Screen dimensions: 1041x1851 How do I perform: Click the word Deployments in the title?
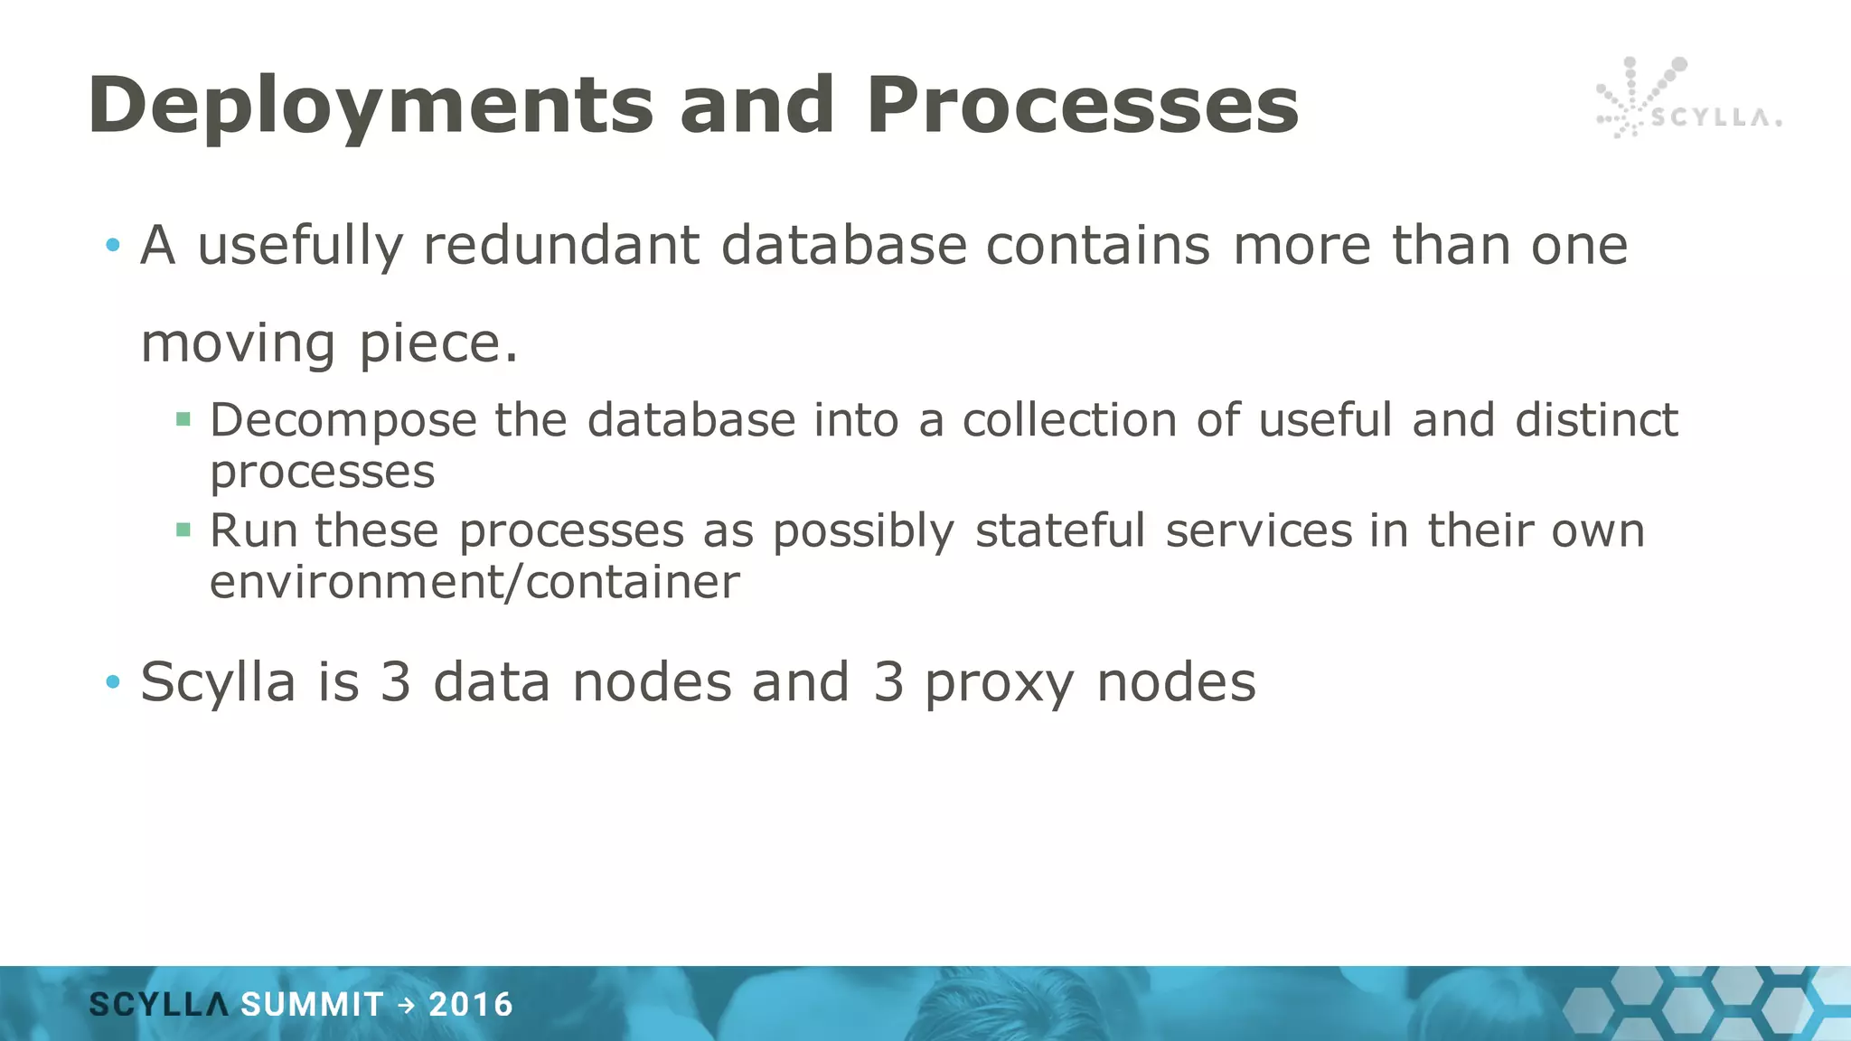point(371,107)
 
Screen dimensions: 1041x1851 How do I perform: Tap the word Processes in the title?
point(1082,107)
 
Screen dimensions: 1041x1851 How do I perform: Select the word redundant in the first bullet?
point(561,246)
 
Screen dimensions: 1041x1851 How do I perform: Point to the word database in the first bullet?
point(843,246)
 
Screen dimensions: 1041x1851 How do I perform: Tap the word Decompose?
point(343,421)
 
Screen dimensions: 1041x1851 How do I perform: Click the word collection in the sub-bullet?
point(1069,421)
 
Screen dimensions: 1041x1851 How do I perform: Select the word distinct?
point(1596,421)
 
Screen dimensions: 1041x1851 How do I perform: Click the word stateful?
point(1059,531)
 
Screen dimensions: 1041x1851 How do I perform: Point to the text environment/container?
point(474,582)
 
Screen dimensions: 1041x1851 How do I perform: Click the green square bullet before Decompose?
point(183,419)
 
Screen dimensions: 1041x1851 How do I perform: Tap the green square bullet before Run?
point(183,530)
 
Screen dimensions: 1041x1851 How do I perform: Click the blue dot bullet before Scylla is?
point(112,682)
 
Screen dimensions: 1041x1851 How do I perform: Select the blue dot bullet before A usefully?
point(112,245)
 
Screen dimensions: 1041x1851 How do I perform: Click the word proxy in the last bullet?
point(1000,683)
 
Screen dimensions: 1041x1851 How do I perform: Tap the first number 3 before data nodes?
point(395,682)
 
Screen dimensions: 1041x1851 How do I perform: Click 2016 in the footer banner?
point(471,1005)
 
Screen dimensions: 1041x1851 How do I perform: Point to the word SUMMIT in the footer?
point(312,1005)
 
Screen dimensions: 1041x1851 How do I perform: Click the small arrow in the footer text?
point(407,1005)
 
